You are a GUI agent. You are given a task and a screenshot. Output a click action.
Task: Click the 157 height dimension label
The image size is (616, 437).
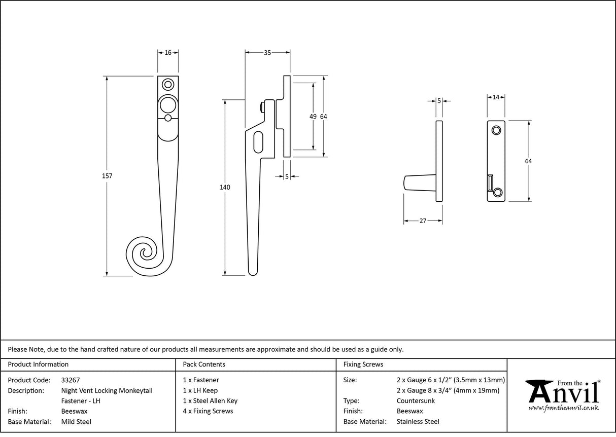coord(107,176)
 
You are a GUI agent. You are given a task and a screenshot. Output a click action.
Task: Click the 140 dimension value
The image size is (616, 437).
coord(225,187)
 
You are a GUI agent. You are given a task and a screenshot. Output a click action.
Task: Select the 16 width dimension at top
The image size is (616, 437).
coord(168,52)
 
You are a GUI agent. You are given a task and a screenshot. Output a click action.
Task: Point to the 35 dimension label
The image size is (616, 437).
coord(267,52)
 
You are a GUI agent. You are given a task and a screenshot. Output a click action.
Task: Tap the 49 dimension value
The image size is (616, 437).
coord(313,117)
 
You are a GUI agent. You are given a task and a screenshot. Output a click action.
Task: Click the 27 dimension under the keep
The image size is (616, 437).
coord(423,221)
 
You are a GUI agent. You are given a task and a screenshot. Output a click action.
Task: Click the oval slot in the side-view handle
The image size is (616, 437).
coord(258,142)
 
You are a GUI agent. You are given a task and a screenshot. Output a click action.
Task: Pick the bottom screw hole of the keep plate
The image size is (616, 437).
coord(497,192)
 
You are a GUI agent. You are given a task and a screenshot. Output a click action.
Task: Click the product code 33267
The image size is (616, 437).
coord(70,380)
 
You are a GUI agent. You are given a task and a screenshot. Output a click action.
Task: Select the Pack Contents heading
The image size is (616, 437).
coord(204,364)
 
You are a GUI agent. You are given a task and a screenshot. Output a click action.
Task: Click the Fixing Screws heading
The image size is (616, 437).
coord(363,364)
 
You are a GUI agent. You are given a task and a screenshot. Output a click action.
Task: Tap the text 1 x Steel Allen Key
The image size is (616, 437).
coord(210,400)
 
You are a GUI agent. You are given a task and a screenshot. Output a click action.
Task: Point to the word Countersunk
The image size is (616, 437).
coord(416,400)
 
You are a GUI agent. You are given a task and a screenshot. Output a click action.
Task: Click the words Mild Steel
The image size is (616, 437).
coord(76,421)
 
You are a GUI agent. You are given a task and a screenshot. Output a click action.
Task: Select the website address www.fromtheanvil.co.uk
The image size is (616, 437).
coord(563,408)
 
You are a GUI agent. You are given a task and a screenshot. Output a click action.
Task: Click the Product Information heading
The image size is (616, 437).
coord(39,364)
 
